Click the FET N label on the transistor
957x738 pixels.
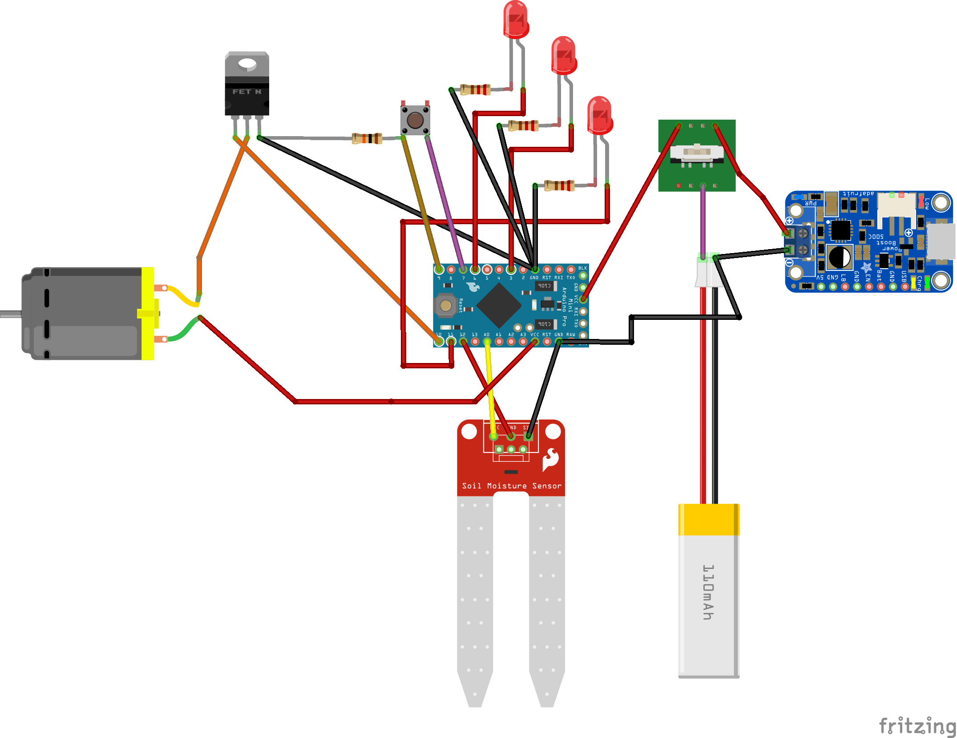pyautogui.click(x=246, y=92)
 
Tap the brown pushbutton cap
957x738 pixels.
pyautogui.click(x=415, y=120)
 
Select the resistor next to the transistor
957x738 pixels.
pyautogui.click(x=367, y=138)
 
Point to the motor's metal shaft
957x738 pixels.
pyautogui.click(x=10, y=314)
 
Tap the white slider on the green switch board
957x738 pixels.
pyautogui.click(x=697, y=152)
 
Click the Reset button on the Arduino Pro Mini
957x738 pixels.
pyautogui.click(x=445, y=306)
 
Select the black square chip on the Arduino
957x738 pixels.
pyautogui.click(x=499, y=306)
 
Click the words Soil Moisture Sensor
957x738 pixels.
pyautogui.click(x=512, y=486)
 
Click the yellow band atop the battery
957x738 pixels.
pyautogui.click(x=709, y=520)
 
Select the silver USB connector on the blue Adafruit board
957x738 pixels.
pyautogui.click(x=941, y=241)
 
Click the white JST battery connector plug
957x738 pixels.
pyautogui.click(x=708, y=274)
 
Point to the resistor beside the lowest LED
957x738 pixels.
pyautogui.click(x=559, y=186)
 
